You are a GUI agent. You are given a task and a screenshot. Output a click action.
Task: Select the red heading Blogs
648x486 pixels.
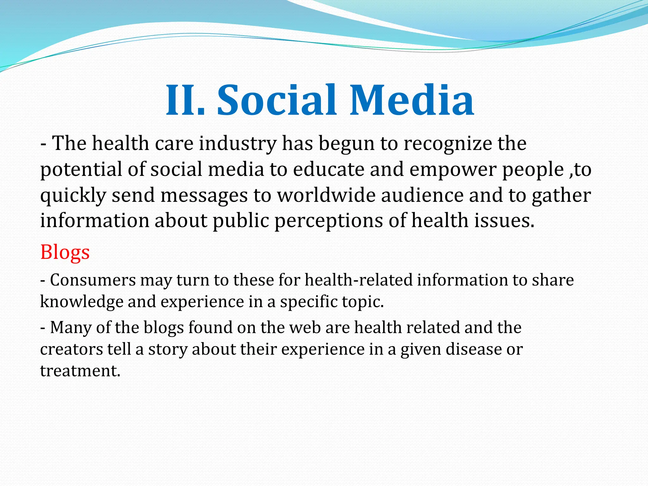pos(65,252)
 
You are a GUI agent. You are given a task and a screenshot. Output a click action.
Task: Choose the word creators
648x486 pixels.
pos(72,350)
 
